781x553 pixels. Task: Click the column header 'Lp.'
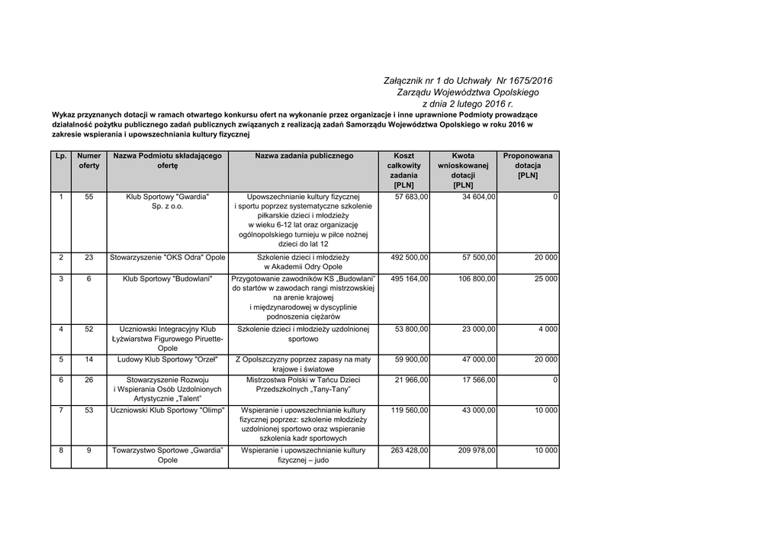61,156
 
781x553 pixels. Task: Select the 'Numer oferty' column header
89,160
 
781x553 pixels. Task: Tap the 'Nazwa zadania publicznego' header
304,156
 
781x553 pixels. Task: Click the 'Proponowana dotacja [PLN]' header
528,166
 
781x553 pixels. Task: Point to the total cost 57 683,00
411,197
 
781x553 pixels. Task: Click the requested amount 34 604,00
478,197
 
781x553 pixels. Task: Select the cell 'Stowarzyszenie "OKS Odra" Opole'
168,257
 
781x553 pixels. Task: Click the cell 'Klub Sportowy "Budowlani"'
168,278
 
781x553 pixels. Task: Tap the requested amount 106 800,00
477,278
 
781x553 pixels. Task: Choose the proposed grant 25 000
545,278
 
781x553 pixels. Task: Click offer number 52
89,329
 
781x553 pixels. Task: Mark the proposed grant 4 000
548,329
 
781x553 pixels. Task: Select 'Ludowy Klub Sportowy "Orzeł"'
168,358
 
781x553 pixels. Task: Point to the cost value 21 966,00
411,379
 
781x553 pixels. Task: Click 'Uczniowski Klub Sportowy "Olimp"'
168,410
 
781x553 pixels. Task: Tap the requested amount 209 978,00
477,450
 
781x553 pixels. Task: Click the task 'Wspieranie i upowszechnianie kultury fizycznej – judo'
304,455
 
